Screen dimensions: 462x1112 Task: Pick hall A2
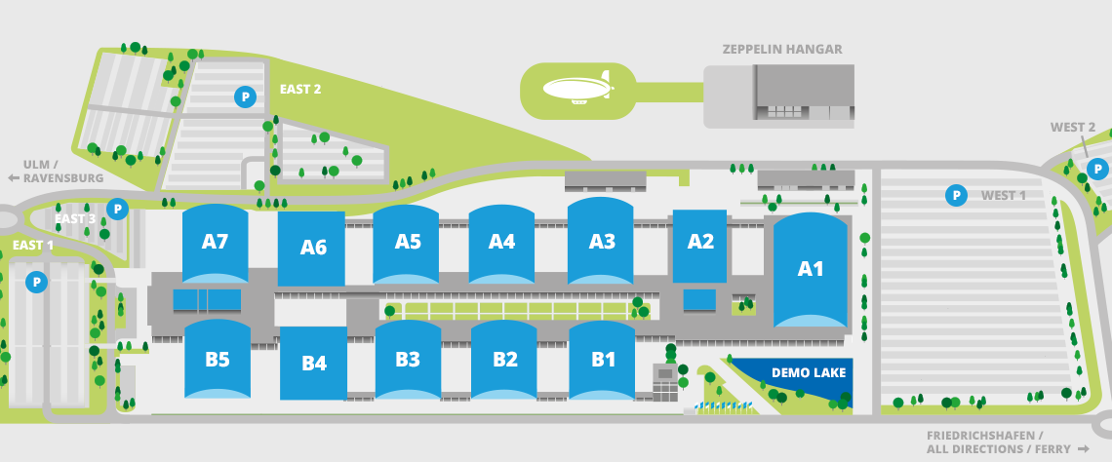point(699,243)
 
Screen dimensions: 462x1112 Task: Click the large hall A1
point(811,269)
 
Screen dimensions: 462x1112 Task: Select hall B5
point(217,360)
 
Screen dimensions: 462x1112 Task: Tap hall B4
point(313,364)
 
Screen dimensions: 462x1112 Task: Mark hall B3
point(407,360)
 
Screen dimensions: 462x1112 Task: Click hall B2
point(504,360)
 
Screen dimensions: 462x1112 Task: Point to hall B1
point(603,360)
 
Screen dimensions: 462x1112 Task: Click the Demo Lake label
point(809,372)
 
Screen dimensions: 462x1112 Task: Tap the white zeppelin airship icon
point(578,89)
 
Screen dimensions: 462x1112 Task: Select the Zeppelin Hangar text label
point(782,50)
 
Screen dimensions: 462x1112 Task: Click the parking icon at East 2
point(245,96)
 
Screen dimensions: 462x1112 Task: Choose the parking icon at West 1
point(956,196)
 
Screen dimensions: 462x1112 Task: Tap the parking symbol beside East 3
point(118,209)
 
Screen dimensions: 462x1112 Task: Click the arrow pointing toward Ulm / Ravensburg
point(14,178)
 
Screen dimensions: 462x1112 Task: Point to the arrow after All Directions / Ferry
point(1082,449)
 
